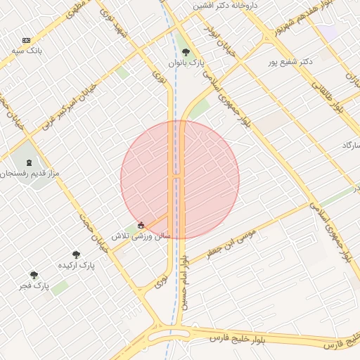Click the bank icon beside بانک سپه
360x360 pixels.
[x=27, y=41]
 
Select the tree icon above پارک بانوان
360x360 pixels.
[x=186, y=52]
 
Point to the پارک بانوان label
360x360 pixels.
[x=186, y=63]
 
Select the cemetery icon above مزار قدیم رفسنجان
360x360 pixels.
[x=29, y=162]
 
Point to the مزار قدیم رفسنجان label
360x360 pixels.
[x=30, y=173]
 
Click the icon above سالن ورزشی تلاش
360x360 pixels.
[x=141, y=226]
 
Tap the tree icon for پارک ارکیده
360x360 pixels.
[x=76, y=255]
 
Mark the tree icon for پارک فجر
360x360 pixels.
[x=33, y=275]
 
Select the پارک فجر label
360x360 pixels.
[x=33, y=286]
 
